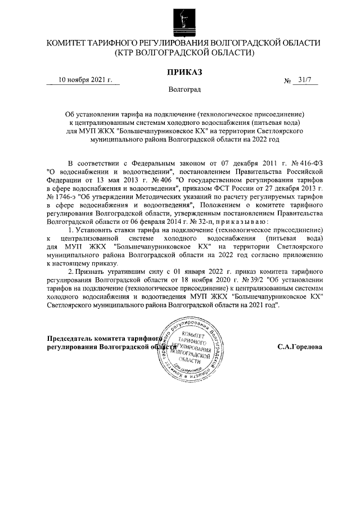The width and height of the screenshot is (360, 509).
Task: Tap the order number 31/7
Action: pos(306,80)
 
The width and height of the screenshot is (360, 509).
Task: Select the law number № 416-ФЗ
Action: pos(309,163)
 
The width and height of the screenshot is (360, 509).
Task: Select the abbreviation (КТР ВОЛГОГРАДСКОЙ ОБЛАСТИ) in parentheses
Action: pos(184,53)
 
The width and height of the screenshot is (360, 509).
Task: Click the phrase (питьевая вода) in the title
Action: pos(271,122)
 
